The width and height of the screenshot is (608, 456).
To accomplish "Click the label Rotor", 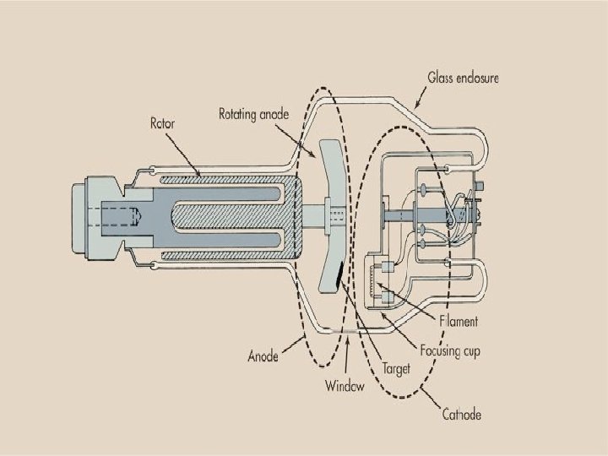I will (163, 123).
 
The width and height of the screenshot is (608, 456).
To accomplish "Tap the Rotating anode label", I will (254, 112).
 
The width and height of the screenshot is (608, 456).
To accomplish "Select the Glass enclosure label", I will (463, 78).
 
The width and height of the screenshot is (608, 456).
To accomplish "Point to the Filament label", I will (459, 321).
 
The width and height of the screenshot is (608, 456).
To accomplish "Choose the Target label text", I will (396, 369).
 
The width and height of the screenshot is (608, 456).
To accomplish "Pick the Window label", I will (345, 387).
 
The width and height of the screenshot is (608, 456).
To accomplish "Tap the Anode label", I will (263, 356).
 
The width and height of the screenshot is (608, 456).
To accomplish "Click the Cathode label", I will (462, 414).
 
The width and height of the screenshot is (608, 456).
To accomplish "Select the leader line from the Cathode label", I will (432, 398).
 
